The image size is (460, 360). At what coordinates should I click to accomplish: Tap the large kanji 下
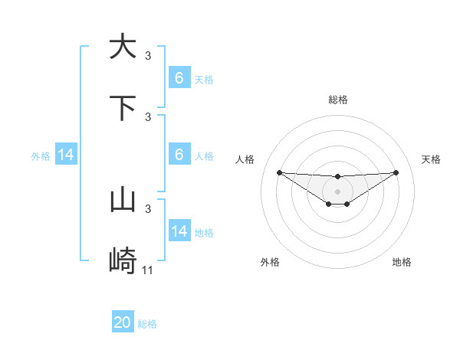123,108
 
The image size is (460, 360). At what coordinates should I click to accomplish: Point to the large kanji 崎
123,262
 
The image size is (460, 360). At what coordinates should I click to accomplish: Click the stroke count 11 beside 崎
148,270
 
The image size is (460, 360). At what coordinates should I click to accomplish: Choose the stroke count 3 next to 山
148,208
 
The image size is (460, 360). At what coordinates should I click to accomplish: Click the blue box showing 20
123,323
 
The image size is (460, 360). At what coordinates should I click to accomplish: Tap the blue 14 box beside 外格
66,155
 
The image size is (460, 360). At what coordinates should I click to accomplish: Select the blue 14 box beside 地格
179,232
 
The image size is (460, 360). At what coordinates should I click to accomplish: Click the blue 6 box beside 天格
179,78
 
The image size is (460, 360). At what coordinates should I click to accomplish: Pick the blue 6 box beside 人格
179,155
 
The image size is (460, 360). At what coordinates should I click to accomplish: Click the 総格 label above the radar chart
337,100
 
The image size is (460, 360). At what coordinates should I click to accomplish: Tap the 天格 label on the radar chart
431,159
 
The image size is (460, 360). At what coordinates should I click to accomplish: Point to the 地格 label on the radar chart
402,262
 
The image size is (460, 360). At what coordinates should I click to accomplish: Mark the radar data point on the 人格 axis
279,172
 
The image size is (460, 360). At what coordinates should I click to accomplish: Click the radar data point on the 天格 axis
396,172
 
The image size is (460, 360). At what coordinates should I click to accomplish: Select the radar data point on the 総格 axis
337,177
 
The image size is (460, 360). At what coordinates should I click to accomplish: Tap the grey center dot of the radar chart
337,191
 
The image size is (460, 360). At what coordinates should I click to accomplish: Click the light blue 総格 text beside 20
147,324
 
